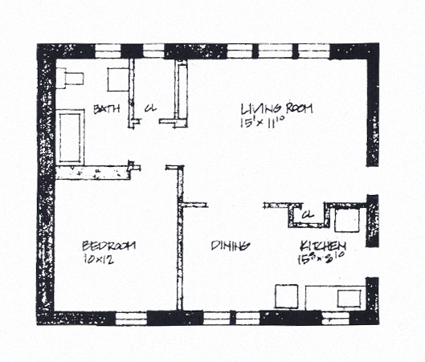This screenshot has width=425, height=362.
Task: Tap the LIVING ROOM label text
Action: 276,108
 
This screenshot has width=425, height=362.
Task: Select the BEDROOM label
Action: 108,245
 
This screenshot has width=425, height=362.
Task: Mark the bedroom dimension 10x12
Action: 98,261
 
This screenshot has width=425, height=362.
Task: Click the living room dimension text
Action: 264,124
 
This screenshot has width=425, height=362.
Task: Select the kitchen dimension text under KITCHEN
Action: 321,259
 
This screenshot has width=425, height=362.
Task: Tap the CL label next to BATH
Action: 149,109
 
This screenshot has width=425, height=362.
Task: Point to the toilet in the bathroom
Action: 71,77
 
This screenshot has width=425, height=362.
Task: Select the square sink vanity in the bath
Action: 119,79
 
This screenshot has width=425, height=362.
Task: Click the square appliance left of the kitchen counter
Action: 287,296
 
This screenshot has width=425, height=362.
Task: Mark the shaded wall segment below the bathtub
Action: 92,172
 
